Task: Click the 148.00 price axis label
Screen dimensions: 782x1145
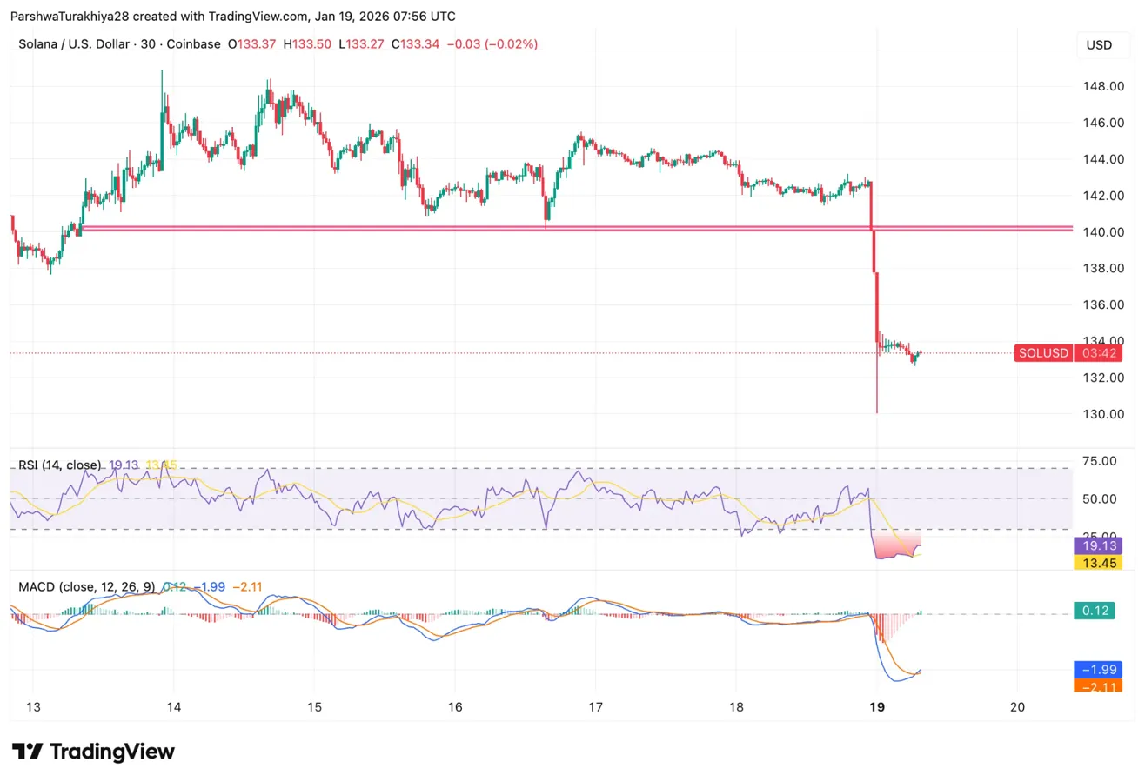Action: [x=1099, y=86]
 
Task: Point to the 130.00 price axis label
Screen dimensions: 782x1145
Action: [x=1099, y=414]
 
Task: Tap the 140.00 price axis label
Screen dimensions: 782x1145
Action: [x=1099, y=232]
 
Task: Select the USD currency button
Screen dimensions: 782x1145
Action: [x=1099, y=45]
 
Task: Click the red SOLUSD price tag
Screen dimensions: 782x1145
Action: [x=1042, y=353]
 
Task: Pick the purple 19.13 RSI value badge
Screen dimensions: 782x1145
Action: [x=1098, y=545]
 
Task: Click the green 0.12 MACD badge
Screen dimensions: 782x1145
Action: [x=1098, y=612]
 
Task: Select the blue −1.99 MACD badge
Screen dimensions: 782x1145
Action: [x=1098, y=669]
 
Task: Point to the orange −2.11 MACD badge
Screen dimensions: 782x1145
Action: [x=1098, y=685]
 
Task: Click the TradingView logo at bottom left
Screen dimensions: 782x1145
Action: [x=94, y=752]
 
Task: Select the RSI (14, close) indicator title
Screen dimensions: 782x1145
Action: [x=60, y=465]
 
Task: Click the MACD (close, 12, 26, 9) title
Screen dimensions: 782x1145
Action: [x=87, y=586]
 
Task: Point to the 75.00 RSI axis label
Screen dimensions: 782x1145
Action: [x=1098, y=461]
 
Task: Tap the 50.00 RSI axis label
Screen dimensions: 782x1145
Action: [x=1098, y=499]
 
